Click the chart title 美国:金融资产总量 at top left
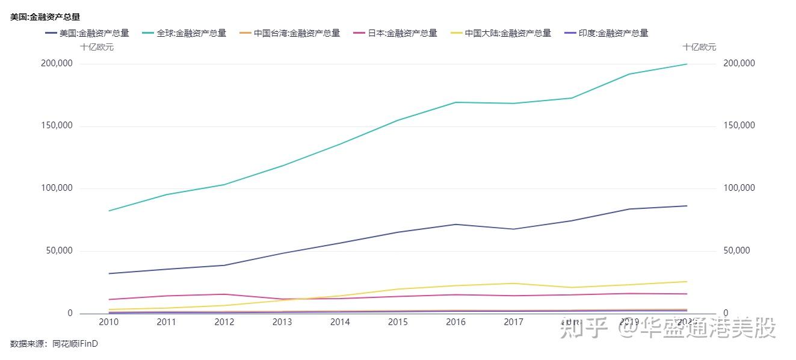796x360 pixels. (45, 17)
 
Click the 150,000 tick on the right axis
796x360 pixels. (739, 126)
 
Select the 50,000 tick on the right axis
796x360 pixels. (737, 251)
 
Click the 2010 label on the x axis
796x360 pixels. (108, 322)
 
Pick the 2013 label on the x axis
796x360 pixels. (282, 322)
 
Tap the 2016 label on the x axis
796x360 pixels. (455, 322)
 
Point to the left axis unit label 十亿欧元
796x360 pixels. (97, 47)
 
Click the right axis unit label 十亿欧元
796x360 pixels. (699, 47)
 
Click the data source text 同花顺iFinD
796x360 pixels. (75, 344)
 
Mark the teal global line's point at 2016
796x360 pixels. (455, 102)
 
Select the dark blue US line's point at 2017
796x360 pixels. (513, 229)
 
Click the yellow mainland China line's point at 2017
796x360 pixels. (513, 284)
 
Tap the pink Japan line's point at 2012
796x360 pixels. (224, 294)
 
